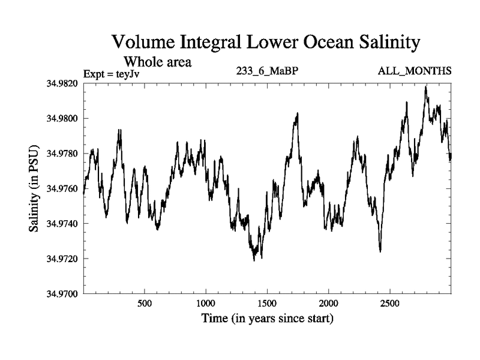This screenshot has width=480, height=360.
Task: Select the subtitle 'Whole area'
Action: [157, 61]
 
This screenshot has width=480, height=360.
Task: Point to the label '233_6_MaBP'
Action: [268, 71]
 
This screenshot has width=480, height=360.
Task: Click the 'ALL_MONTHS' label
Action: [414, 71]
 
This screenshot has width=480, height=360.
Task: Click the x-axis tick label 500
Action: [145, 304]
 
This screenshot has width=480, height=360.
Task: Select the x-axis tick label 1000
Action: [206, 304]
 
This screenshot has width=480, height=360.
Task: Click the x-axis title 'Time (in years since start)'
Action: [266, 319]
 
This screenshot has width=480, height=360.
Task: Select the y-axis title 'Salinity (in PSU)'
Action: [35, 188]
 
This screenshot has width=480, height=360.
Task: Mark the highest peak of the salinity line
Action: [426, 86]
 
